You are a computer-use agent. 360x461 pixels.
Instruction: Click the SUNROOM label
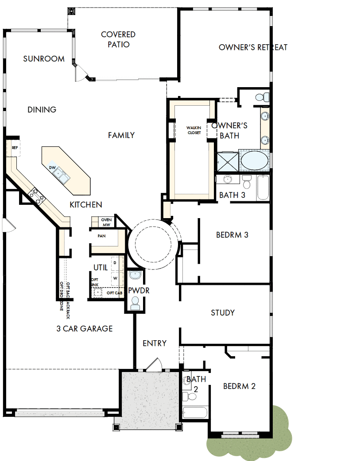click(44, 58)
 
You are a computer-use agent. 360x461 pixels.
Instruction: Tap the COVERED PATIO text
click(118, 39)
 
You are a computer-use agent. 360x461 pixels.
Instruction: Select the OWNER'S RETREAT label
click(253, 47)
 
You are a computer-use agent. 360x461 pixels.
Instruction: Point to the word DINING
click(42, 110)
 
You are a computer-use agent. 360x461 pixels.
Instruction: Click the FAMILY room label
click(121, 135)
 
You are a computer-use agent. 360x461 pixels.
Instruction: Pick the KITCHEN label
click(86, 205)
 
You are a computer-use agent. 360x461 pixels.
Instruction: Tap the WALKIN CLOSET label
click(194, 130)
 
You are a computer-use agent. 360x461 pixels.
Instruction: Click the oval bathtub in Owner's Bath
click(254, 161)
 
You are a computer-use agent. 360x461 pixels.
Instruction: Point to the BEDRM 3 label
click(232, 235)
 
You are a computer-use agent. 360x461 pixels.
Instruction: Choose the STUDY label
click(223, 313)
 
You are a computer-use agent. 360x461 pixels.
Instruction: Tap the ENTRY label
click(155, 343)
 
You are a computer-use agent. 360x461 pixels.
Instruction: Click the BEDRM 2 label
click(239, 386)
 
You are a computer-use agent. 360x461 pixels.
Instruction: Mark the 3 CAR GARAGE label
click(85, 329)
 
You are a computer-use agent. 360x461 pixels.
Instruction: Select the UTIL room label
click(100, 268)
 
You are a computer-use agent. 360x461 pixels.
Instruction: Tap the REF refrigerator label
click(15, 148)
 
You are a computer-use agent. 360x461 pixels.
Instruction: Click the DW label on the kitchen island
click(52, 168)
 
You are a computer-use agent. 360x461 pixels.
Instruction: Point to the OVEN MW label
click(106, 222)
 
